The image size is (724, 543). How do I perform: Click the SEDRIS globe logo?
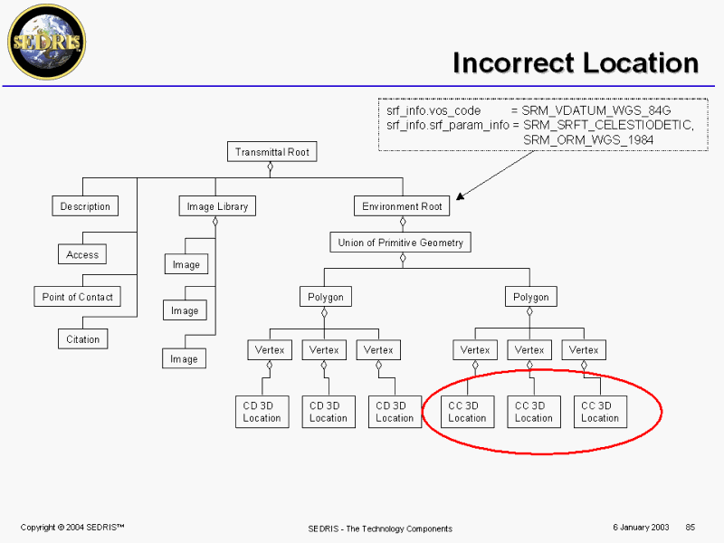tap(46, 43)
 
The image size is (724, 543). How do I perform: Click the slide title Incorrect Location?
tap(576, 63)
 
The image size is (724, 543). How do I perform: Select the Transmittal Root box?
tap(271, 152)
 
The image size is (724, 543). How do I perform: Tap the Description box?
tap(85, 206)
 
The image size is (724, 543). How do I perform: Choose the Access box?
tap(82, 255)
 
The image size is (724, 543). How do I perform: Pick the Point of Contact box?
tap(78, 297)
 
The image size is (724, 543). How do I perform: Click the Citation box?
tap(82, 339)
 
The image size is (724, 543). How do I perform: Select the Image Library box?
tap(216, 206)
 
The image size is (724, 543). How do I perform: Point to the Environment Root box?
tap(402, 206)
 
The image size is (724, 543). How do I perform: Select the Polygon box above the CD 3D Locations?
tap(325, 297)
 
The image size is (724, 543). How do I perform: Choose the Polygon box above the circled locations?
tap(531, 297)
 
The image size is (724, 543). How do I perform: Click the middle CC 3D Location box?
tap(533, 412)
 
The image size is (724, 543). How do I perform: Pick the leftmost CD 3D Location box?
tap(262, 412)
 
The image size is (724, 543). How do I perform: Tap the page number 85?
tap(690, 527)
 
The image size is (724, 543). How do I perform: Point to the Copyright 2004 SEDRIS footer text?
tap(72, 527)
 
